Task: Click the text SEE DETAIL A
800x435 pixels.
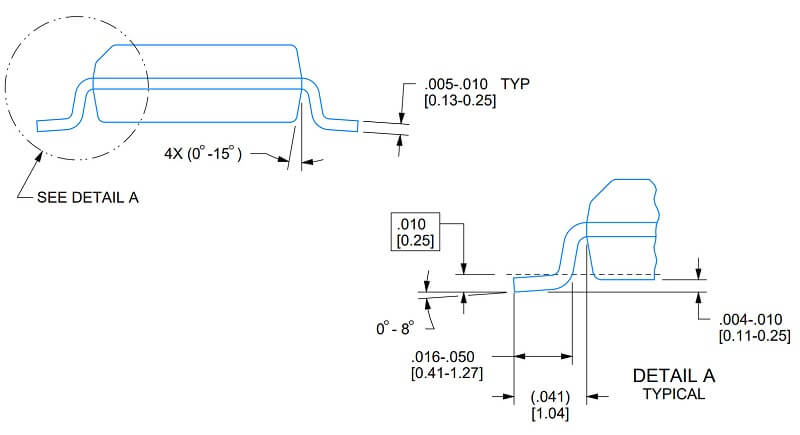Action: pos(88,197)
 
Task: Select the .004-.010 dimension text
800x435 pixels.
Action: pos(755,319)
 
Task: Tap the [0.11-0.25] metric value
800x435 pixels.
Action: pos(755,335)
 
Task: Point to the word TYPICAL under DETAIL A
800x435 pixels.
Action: pos(675,394)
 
